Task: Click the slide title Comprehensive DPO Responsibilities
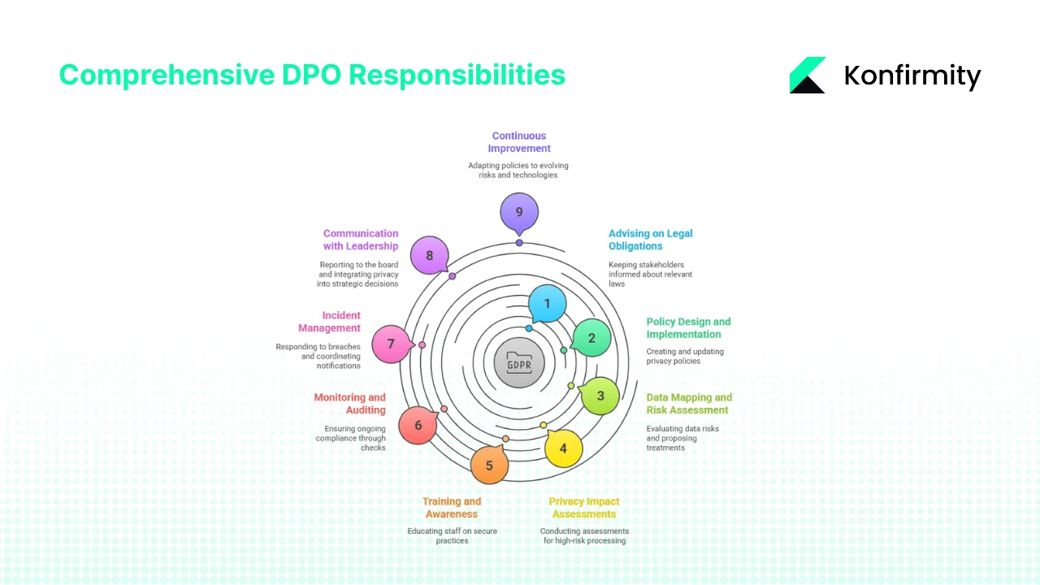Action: pyautogui.click(x=312, y=76)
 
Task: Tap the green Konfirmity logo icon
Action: pyautogui.click(x=807, y=76)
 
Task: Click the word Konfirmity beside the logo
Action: pyautogui.click(x=912, y=76)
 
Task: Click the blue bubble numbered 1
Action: pyautogui.click(x=547, y=305)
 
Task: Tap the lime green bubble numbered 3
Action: pyautogui.click(x=600, y=396)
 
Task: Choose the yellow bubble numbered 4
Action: pyautogui.click(x=563, y=448)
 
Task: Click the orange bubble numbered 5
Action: pyautogui.click(x=489, y=466)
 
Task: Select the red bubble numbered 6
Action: pyautogui.click(x=418, y=426)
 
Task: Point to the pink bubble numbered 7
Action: pyautogui.click(x=391, y=344)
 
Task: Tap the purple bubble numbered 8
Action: pyautogui.click(x=430, y=257)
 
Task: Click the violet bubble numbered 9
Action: pyautogui.click(x=519, y=213)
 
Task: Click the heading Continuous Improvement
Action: pyautogui.click(x=519, y=142)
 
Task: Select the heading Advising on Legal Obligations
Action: pyautogui.click(x=650, y=240)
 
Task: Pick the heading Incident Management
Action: pyautogui.click(x=329, y=322)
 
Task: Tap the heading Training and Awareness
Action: pyautogui.click(x=452, y=508)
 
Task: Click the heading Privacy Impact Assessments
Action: pyautogui.click(x=584, y=508)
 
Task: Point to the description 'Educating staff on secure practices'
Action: pyautogui.click(x=452, y=535)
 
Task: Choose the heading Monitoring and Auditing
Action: pyautogui.click(x=350, y=404)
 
